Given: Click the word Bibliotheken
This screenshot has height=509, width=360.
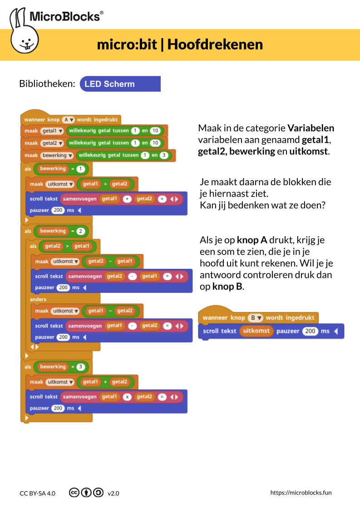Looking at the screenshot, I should click(x=47, y=84).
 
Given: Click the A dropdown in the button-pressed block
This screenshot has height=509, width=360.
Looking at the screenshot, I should click(x=68, y=120).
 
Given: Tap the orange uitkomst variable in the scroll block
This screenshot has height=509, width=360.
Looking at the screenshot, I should click(x=256, y=331).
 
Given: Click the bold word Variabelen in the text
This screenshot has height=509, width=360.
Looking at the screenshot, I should click(x=311, y=128).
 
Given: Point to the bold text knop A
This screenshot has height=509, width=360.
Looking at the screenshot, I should click(x=252, y=240).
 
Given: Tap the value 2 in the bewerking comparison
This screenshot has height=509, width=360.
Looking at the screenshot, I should click(x=81, y=231).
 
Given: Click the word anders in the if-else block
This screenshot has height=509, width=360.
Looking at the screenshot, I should click(x=38, y=300).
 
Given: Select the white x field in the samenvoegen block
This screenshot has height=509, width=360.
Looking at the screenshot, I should click(x=128, y=397).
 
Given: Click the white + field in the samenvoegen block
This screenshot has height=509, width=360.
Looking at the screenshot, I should click(x=128, y=199).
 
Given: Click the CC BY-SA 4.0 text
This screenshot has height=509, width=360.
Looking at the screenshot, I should click(x=38, y=493).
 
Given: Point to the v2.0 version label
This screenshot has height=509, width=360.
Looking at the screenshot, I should click(x=113, y=493).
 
